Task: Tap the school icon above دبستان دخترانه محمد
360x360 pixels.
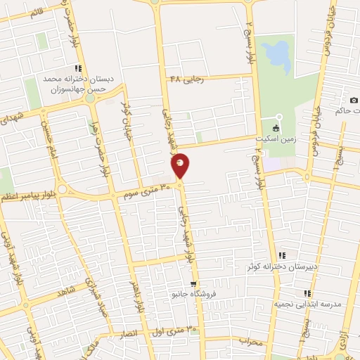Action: pos(78,69)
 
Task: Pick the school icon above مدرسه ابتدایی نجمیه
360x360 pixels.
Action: pos(307,293)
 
